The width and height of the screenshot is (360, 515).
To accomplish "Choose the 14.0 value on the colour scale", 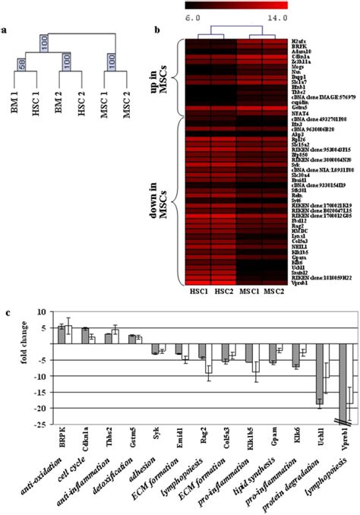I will pos(276,14).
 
